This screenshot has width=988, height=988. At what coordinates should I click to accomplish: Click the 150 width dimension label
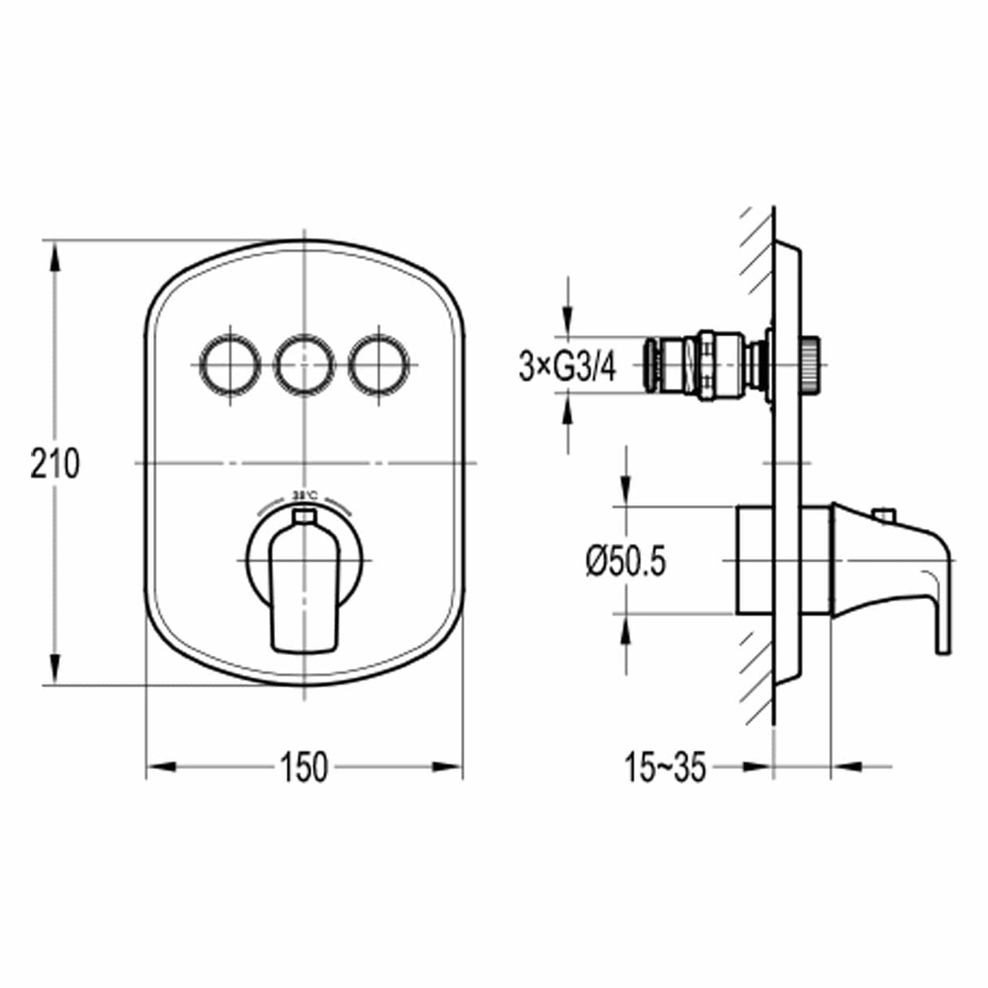[304, 767]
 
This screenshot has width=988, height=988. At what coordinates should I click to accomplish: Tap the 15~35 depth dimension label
[665, 767]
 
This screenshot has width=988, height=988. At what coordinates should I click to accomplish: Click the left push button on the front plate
[229, 363]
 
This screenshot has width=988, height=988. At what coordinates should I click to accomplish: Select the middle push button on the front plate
[304, 363]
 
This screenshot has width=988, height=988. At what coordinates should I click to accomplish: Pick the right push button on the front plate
[378, 363]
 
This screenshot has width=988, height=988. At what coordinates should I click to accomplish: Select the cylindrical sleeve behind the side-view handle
[783, 560]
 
